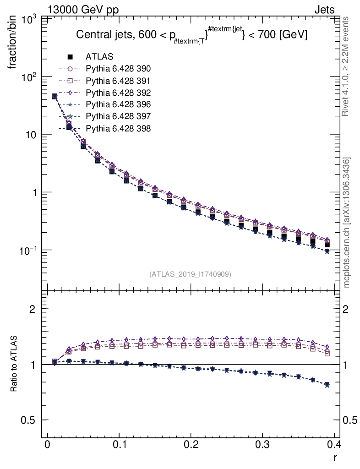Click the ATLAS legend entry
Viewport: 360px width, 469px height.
pos(99,57)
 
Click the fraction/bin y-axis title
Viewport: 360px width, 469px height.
pos(14,43)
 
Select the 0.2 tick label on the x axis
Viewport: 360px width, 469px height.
pos(191,445)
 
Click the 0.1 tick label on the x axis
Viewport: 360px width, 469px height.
pos(119,445)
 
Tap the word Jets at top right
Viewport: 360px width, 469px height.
pos(324,10)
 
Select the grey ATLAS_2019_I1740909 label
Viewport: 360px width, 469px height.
pos(190,274)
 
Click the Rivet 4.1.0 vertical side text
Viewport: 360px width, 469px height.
pos(347,67)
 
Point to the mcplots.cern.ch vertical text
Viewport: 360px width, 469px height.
pos(347,223)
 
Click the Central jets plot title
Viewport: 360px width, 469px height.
pos(191,35)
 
